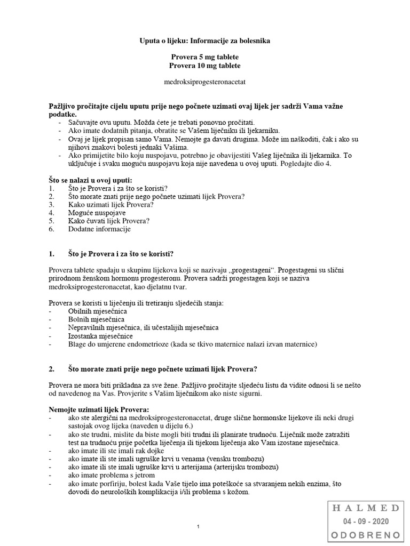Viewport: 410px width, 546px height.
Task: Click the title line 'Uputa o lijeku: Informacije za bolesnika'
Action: [x=205, y=41]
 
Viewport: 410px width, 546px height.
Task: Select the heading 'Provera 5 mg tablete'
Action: [x=205, y=57]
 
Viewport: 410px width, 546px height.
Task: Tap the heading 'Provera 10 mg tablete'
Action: [x=205, y=66]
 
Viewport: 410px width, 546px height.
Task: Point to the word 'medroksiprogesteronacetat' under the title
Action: [x=205, y=82]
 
